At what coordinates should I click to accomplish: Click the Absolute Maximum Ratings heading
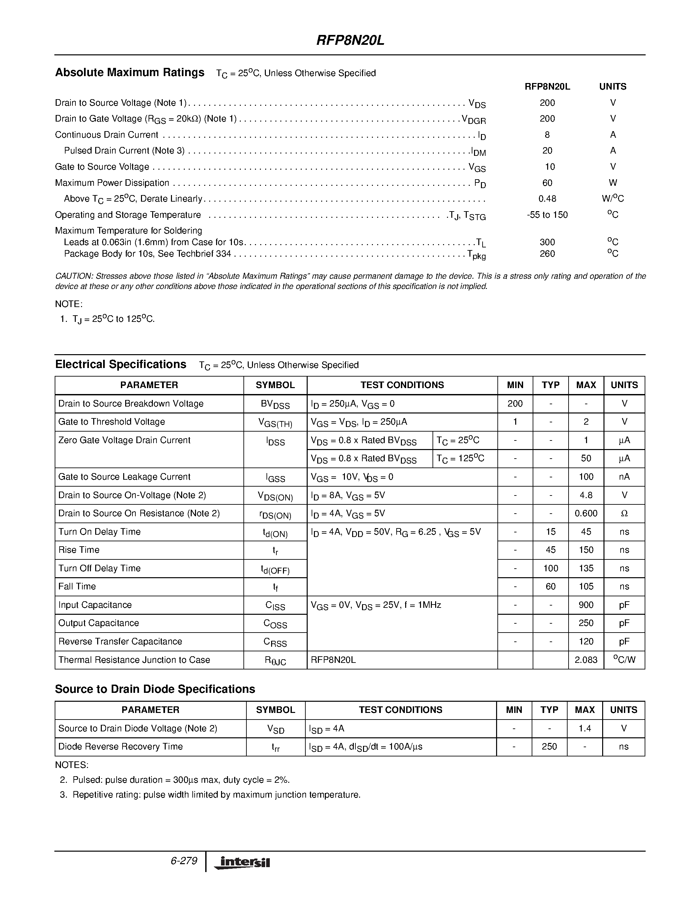pyautogui.click(x=129, y=72)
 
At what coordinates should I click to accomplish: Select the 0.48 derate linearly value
pyautogui.click(x=547, y=199)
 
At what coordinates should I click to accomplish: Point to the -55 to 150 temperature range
pyautogui.click(x=547, y=215)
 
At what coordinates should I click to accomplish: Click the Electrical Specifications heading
pyautogui.click(x=121, y=365)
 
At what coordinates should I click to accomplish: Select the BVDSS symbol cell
pyautogui.click(x=275, y=404)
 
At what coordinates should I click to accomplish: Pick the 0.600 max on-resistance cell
pyautogui.click(x=586, y=514)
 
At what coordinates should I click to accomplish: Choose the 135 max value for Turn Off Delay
pyautogui.click(x=586, y=568)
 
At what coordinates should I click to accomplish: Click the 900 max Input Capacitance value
pyautogui.click(x=586, y=605)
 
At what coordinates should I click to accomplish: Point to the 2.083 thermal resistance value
pyautogui.click(x=586, y=660)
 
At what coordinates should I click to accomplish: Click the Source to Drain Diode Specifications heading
pyautogui.click(x=155, y=689)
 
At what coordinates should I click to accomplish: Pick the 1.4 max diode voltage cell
pyautogui.click(x=584, y=728)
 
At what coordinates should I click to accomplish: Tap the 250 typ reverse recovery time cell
pyautogui.click(x=549, y=747)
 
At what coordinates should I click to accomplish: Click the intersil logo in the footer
pyautogui.click(x=242, y=863)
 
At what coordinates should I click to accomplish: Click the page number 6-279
pyautogui.click(x=184, y=861)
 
